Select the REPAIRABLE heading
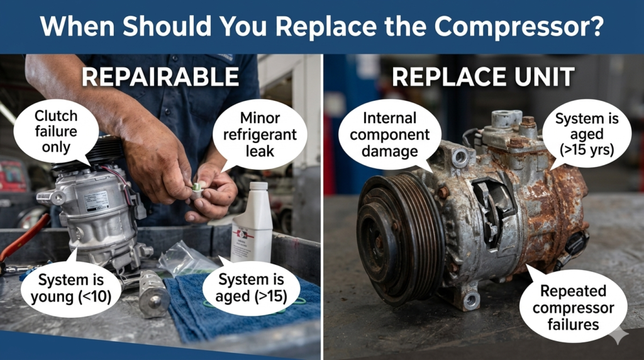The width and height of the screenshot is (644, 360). (x=160, y=77)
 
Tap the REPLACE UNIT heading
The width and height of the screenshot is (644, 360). (x=483, y=77)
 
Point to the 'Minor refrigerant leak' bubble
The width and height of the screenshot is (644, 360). (x=260, y=135)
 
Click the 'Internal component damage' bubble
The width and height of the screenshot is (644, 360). (x=389, y=135)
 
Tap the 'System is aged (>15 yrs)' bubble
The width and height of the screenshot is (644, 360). (x=587, y=134)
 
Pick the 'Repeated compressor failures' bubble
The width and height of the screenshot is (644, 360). (x=573, y=307)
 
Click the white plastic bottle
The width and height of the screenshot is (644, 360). (x=252, y=223)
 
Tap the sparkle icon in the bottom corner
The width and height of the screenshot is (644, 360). (x=619, y=335)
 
